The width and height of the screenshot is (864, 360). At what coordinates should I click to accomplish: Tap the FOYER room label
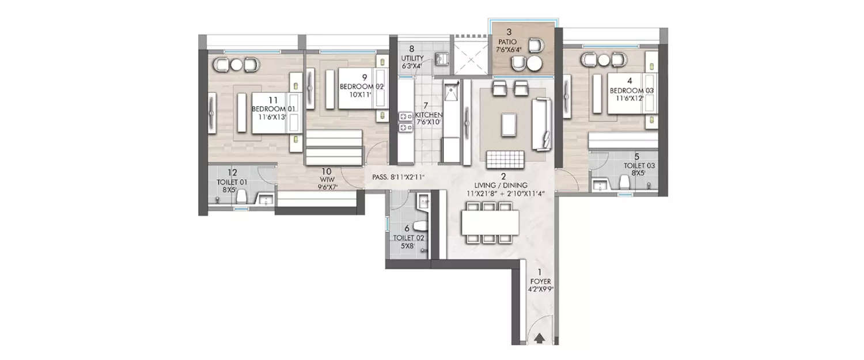(x=540, y=282)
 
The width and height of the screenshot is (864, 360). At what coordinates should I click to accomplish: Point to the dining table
(x=490, y=222)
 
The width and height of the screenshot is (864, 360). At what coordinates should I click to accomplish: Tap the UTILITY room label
(x=411, y=58)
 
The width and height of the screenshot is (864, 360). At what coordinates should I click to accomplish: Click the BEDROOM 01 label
(x=274, y=109)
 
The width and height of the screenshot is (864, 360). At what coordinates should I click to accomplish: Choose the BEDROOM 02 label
(x=361, y=86)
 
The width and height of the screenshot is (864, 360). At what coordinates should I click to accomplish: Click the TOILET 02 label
(x=408, y=238)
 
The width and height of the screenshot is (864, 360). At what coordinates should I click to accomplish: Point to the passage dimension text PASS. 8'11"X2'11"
(x=398, y=177)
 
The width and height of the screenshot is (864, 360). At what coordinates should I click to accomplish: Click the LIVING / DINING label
(x=503, y=185)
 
